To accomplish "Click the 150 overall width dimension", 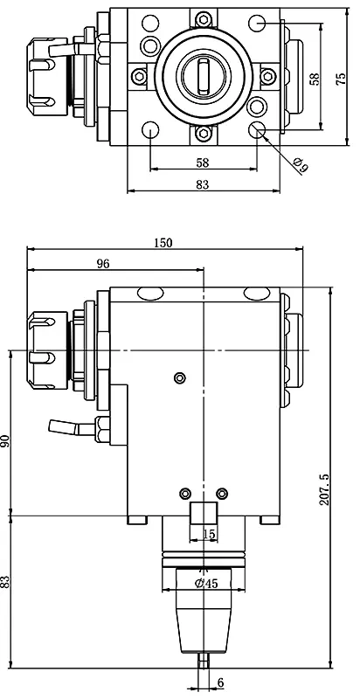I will point(162,242).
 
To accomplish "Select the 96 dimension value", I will point(102,264).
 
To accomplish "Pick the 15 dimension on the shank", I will point(208,533).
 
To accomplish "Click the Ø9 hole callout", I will point(301,163).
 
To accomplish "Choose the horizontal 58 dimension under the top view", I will point(203,163).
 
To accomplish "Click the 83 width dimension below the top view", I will point(203,183).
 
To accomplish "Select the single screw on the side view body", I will point(179,377).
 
